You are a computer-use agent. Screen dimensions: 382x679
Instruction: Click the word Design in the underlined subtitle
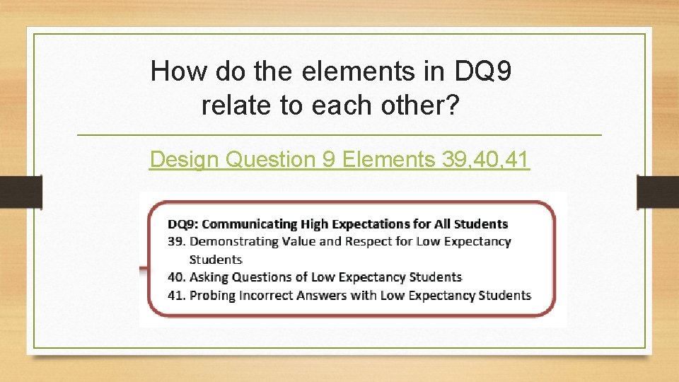point(185,160)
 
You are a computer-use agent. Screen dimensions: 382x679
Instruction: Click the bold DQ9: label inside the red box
point(182,224)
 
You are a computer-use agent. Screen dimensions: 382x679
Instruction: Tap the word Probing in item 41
point(211,295)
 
